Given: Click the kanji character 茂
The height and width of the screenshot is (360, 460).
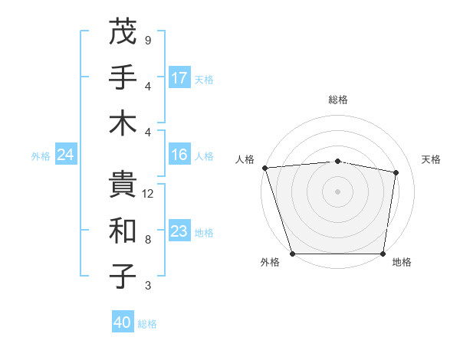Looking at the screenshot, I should pos(123,31).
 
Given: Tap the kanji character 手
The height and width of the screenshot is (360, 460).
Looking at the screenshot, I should pos(123,77).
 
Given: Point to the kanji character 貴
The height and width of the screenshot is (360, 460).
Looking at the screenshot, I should pos(123,185).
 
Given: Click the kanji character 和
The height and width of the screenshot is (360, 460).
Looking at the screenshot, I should pos(123,231).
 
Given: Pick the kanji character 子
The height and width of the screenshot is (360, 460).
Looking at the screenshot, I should pos(123,277).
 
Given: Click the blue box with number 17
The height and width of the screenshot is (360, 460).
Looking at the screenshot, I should pos(179,78).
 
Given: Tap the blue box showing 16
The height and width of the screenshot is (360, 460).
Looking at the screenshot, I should pos(179,155).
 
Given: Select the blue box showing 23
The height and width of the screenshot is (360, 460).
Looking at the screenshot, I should pos(179,232).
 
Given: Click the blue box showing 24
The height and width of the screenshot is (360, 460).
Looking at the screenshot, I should pos(65,155).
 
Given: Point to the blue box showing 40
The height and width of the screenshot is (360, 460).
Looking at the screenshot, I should pos(123,323).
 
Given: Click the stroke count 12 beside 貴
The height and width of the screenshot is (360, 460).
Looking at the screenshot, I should pos(149,194).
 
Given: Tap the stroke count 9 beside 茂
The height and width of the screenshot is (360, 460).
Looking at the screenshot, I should pos(148,40).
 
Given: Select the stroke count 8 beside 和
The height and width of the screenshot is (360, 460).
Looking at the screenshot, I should pos(148,240).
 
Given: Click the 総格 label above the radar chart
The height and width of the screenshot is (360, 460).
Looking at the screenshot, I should pos(338,100).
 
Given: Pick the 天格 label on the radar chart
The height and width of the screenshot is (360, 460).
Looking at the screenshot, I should pos(431,159).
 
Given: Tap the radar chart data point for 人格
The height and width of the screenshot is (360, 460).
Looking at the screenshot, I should pos(264,168).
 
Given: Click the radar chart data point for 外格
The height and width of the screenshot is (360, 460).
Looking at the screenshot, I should pos(293,254).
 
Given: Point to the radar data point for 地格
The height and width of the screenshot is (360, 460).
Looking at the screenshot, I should pos(383,254).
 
